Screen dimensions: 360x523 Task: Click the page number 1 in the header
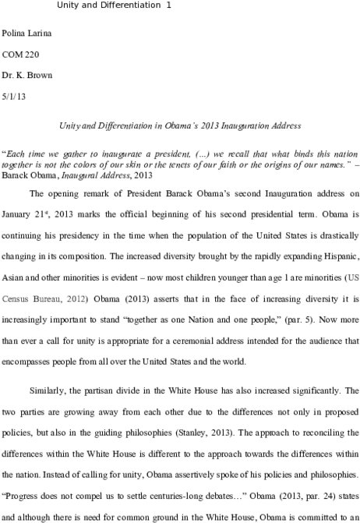pos(168,5)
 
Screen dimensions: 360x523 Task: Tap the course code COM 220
pos(20,55)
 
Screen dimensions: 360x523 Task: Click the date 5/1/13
pos(14,97)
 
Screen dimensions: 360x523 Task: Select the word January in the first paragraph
pos(16,214)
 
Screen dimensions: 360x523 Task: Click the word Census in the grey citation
pos(15,299)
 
